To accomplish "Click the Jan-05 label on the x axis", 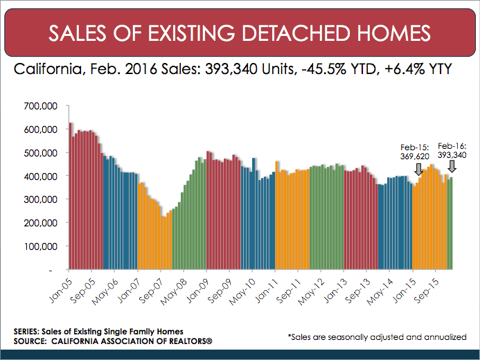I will click(x=58, y=287).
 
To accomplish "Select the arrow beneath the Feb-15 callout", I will click(x=418, y=169).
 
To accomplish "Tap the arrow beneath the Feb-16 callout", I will click(x=452, y=166).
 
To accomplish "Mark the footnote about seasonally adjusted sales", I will click(x=377, y=336).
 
